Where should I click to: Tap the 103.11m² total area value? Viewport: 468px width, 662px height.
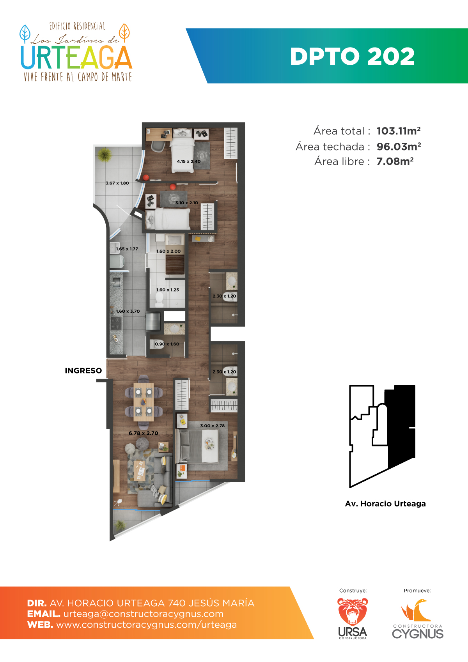click(x=399, y=131)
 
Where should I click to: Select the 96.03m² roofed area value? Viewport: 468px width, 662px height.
click(x=399, y=146)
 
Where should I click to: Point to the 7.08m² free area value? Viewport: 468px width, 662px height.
click(x=395, y=161)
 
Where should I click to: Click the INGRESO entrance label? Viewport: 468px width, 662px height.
click(x=83, y=371)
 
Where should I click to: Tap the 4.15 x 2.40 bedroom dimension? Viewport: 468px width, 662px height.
click(x=189, y=161)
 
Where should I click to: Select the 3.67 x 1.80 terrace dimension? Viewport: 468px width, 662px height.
click(x=117, y=183)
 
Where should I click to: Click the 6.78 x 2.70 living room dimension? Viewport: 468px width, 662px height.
click(x=144, y=433)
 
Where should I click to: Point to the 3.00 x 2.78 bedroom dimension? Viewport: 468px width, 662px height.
click(x=212, y=426)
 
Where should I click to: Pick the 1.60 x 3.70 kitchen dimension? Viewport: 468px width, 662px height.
click(x=128, y=311)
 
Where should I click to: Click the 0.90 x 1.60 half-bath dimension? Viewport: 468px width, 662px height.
click(x=167, y=344)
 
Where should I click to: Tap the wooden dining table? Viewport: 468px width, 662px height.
click(x=144, y=402)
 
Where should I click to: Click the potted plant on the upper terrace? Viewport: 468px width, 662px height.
click(x=105, y=154)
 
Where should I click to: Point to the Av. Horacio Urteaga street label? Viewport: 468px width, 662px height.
click(x=385, y=504)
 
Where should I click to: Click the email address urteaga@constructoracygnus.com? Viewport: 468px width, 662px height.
click(x=144, y=614)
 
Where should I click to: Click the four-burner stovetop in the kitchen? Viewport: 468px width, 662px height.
click(x=116, y=323)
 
